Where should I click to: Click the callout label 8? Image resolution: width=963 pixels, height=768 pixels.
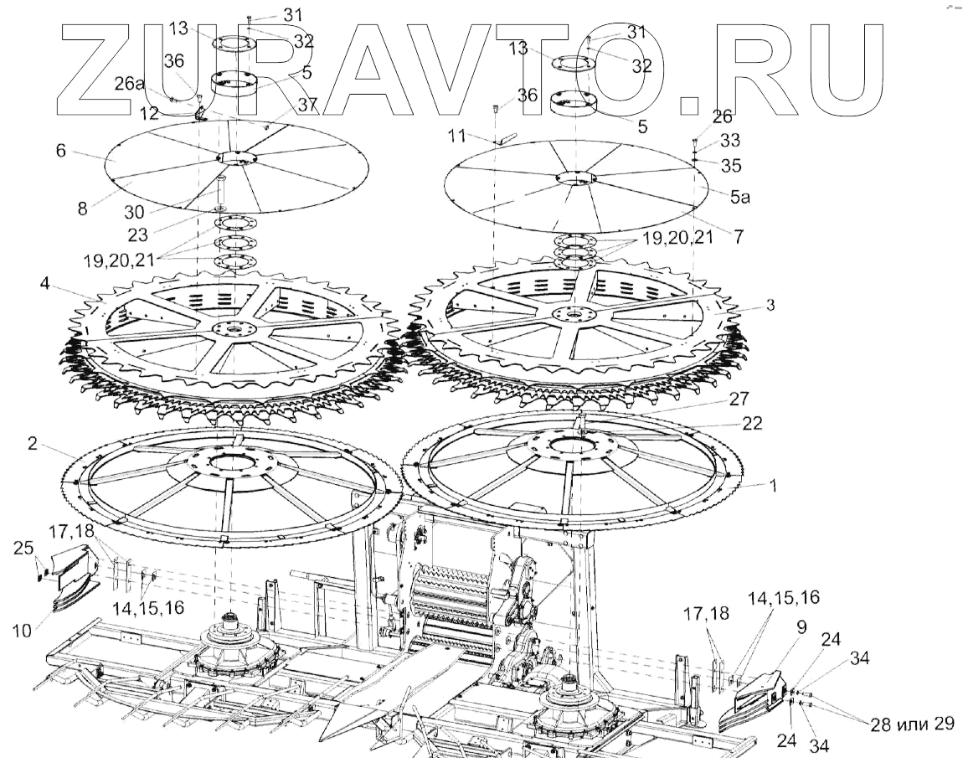pyautogui.click(x=83, y=209)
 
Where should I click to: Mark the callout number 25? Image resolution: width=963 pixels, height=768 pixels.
pyautogui.click(x=24, y=549)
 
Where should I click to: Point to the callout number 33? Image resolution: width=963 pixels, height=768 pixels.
pyautogui.click(x=729, y=140)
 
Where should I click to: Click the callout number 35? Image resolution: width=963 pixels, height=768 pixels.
pyautogui.click(x=729, y=165)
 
